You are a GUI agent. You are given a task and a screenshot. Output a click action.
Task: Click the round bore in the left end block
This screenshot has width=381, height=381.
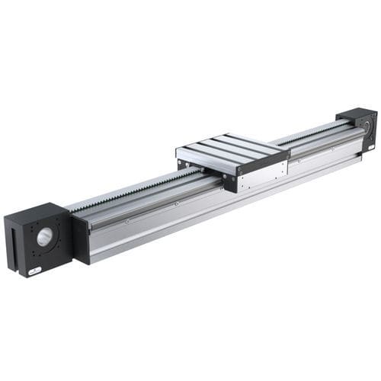[x=43, y=237]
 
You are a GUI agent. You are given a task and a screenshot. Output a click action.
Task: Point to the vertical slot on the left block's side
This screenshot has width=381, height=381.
[x=13, y=244]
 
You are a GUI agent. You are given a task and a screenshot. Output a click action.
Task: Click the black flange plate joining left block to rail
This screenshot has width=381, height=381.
[x=80, y=238]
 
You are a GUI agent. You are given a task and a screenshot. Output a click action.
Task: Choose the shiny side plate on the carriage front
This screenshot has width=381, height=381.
[x=259, y=175]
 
